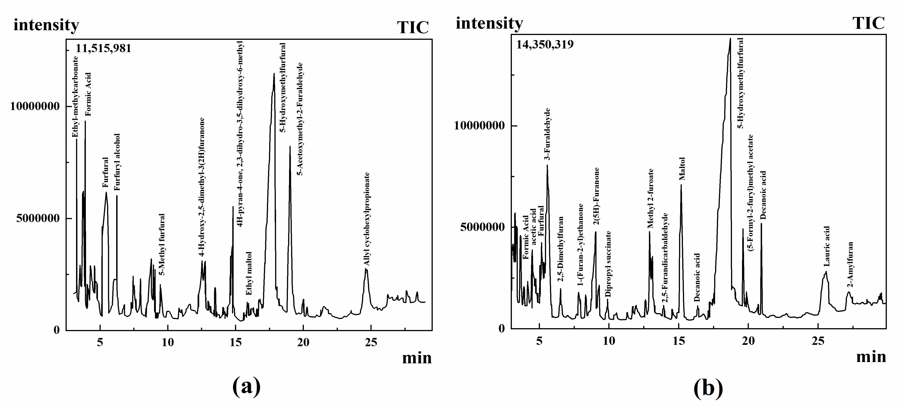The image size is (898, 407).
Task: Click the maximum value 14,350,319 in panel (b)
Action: (x=545, y=45)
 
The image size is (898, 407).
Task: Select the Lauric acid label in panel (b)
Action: (x=827, y=246)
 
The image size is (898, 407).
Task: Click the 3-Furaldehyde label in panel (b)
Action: (x=547, y=134)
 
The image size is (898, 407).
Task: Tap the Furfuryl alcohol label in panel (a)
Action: (x=117, y=162)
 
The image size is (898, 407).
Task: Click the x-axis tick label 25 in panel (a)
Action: (x=371, y=343)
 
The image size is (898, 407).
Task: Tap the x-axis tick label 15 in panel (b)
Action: (x=678, y=341)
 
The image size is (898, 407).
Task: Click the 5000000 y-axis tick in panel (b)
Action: (x=482, y=227)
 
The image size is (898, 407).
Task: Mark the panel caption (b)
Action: (x=708, y=388)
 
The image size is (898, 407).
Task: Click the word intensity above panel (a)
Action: (x=46, y=25)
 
